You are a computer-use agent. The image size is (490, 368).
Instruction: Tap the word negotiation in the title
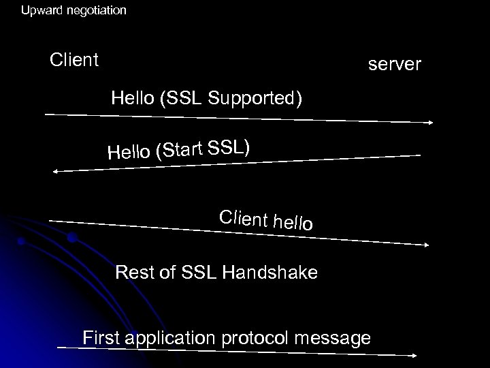click(x=95, y=11)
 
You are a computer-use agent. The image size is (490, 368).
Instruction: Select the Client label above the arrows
click(x=75, y=60)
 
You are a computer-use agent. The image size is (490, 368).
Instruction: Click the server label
click(x=395, y=65)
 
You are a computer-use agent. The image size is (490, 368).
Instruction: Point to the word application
click(x=165, y=338)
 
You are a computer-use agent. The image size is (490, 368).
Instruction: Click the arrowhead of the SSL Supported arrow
click(x=431, y=123)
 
